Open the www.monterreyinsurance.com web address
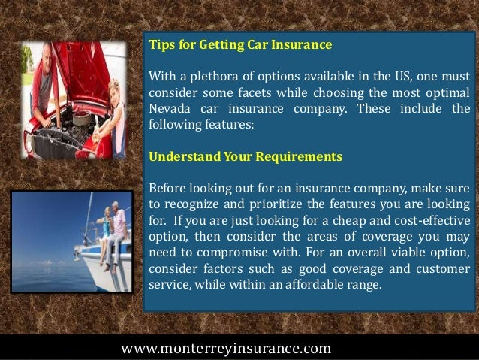point(225,348)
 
